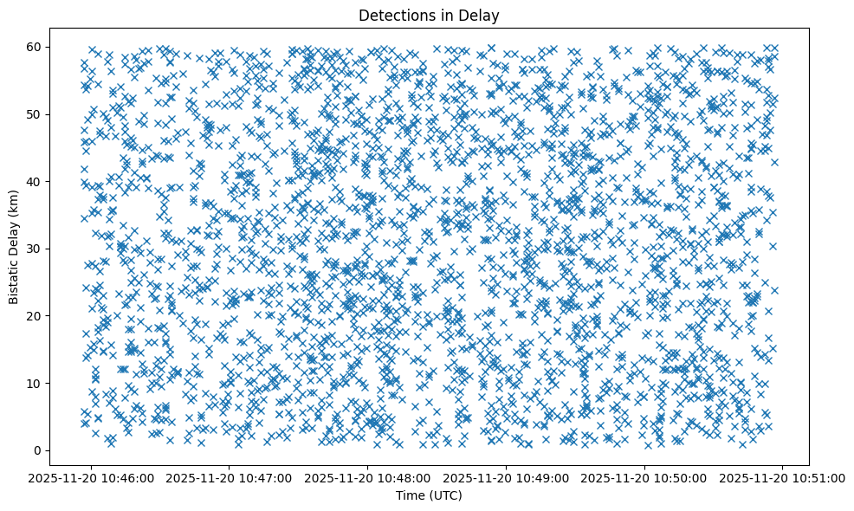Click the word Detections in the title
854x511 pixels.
point(395,15)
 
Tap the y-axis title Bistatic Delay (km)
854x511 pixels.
point(14,248)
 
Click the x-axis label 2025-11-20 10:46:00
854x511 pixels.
point(91,477)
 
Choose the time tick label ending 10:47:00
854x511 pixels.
point(230,477)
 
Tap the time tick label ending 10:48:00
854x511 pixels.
point(368,477)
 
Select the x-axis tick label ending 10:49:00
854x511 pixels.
point(507,477)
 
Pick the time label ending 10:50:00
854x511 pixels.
point(645,477)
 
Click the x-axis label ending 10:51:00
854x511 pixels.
point(784,477)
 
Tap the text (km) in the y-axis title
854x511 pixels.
point(14,204)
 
